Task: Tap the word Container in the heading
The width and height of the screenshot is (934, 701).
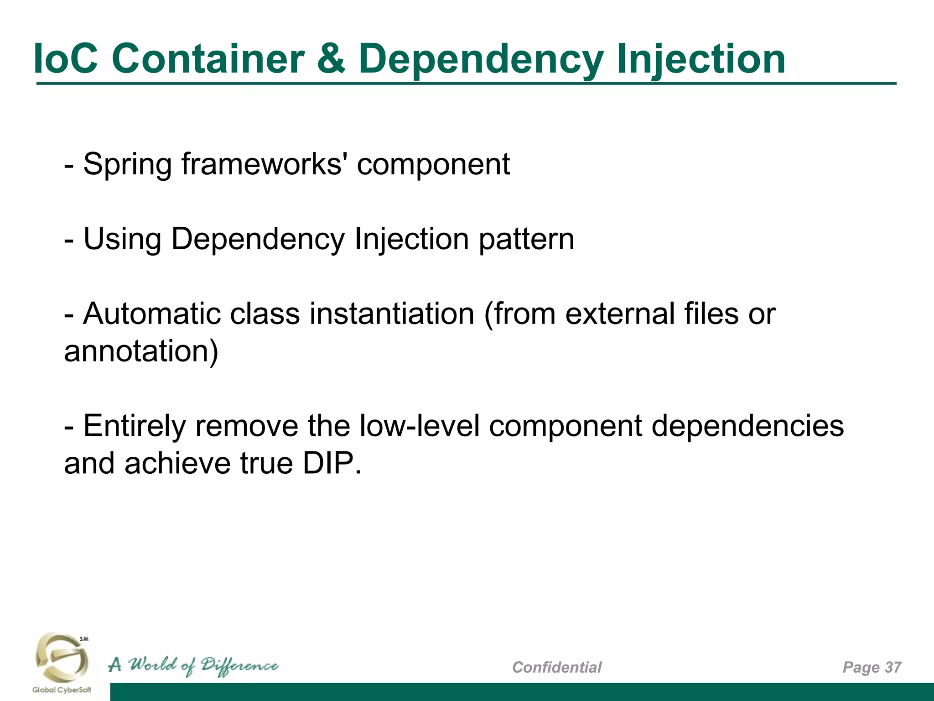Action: coord(208,58)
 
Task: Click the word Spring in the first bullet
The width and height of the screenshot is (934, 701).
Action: coord(127,164)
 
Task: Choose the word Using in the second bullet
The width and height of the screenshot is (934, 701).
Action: coord(122,239)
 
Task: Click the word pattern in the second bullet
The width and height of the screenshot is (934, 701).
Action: coord(526,239)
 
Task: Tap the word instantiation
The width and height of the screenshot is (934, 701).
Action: coord(392,314)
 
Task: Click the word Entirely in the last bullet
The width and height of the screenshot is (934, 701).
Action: coord(135,426)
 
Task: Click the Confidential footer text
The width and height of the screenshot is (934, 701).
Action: coord(557,667)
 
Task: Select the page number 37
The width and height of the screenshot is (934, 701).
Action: coord(893,667)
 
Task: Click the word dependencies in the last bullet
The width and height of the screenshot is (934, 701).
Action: coord(747,426)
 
